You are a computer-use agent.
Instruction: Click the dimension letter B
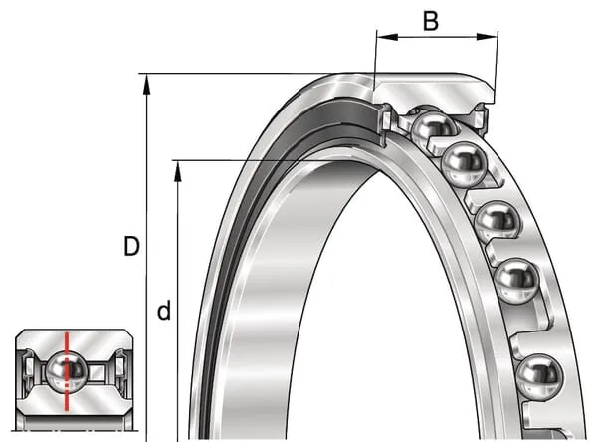pyautogui.click(x=431, y=21)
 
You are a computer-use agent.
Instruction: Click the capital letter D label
pyautogui.click(x=131, y=246)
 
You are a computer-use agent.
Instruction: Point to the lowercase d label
pyautogui.click(x=164, y=311)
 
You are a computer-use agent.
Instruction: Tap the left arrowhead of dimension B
pyautogui.click(x=387, y=37)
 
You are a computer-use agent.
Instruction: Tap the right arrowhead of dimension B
pyautogui.click(x=487, y=37)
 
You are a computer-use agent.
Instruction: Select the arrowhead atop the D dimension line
pyautogui.click(x=147, y=84)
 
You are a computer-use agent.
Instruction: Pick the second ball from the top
pyautogui.click(x=464, y=164)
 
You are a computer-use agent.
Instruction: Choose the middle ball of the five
pyautogui.click(x=497, y=223)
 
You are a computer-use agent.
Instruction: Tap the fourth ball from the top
pyautogui.click(x=517, y=281)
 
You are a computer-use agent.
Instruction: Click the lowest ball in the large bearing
pyautogui.click(x=540, y=377)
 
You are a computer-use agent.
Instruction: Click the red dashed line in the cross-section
pyautogui.click(x=67, y=371)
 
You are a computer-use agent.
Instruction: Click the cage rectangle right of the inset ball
pyautogui.click(x=98, y=372)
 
